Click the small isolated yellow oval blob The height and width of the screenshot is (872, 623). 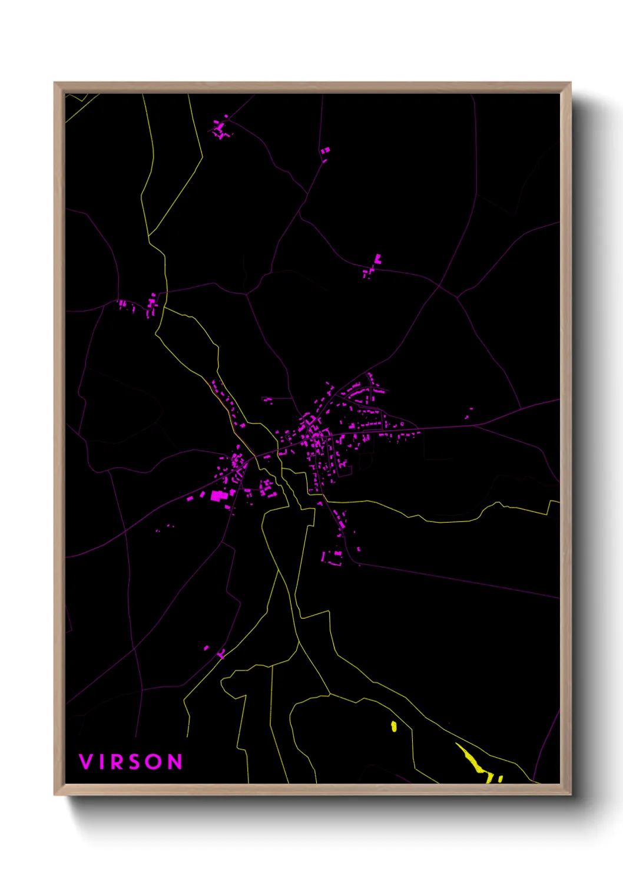click(394, 726)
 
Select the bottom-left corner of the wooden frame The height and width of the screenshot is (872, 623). click(55, 794)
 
